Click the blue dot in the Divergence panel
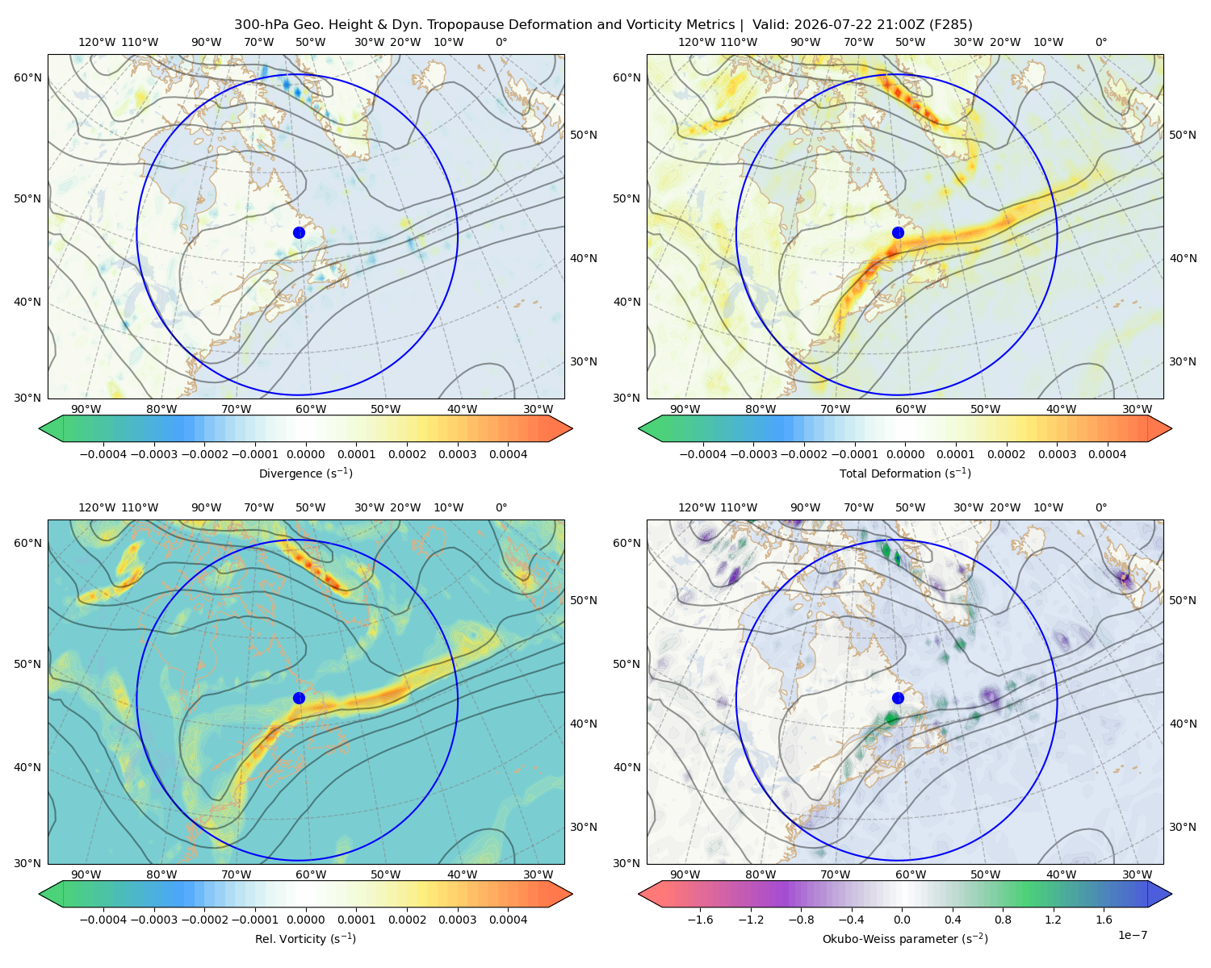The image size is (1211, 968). [x=299, y=233]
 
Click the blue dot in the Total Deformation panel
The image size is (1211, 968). [x=898, y=233]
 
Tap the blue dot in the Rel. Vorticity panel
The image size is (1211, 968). [x=299, y=698]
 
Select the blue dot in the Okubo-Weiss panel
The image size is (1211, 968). [x=898, y=698]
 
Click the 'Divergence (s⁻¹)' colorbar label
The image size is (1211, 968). [x=305, y=473]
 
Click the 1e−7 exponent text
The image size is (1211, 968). [x=1132, y=935]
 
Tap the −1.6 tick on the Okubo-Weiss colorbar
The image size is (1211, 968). [x=701, y=920]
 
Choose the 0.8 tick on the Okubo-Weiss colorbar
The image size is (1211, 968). [x=1003, y=920]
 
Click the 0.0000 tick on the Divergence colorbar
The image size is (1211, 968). [x=305, y=454]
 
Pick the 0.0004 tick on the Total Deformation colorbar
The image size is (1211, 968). [x=1108, y=454]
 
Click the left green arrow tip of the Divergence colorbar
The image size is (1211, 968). [x=40, y=428]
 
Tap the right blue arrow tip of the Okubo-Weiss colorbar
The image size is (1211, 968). [x=1172, y=894]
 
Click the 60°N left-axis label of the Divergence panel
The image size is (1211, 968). [x=27, y=77]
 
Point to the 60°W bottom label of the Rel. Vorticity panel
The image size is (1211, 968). [x=311, y=874]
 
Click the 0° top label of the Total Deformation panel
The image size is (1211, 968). [x=1101, y=42]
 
